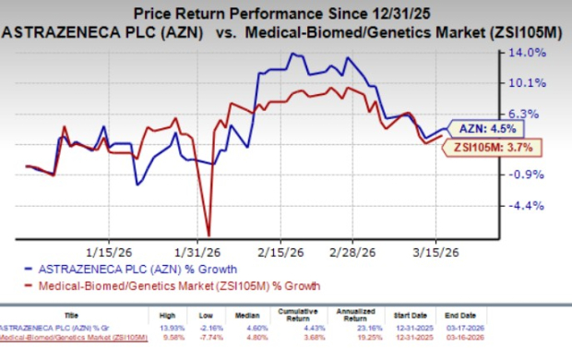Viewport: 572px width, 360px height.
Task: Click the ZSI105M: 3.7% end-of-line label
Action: click(492, 146)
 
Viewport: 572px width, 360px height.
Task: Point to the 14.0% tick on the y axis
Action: click(531, 53)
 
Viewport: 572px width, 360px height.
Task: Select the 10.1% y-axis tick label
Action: click(531, 83)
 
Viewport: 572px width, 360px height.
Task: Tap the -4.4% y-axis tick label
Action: click(531, 206)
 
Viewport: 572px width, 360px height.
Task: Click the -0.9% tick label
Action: click(531, 174)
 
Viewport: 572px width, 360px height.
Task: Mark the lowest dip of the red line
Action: click(209, 234)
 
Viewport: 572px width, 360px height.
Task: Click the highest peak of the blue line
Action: click(293, 54)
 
